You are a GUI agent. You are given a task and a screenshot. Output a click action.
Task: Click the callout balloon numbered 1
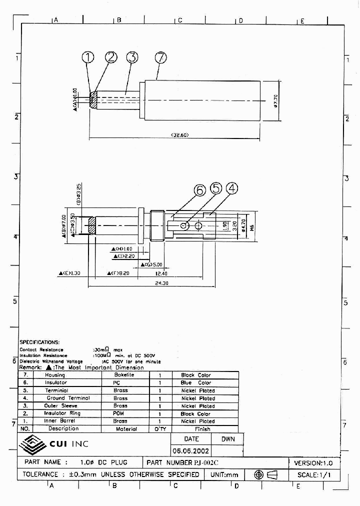(x=88, y=57)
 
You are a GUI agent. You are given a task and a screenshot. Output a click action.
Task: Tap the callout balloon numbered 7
(x=160, y=57)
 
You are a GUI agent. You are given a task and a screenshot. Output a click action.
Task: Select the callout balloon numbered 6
(x=200, y=190)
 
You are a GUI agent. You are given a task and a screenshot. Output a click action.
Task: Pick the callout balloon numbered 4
(x=231, y=188)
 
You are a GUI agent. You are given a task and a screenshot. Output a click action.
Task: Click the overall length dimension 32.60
(x=179, y=135)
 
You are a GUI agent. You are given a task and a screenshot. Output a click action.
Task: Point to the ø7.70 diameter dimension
(x=275, y=101)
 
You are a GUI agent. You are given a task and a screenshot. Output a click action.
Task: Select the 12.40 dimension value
(x=161, y=273)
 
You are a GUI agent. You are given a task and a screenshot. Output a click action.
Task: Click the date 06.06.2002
(x=190, y=451)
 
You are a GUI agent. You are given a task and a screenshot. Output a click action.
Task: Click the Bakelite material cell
(x=124, y=375)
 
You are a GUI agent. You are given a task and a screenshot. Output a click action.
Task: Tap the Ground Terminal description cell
(x=68, y=398)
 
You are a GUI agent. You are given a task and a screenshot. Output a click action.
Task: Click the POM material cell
(x=120, y=413)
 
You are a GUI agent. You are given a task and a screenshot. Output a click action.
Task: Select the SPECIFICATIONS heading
(x=39, y=342)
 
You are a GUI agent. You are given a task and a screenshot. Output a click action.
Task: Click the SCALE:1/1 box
(x=314, y=474)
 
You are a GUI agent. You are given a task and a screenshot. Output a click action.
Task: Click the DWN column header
(x=228, y=439)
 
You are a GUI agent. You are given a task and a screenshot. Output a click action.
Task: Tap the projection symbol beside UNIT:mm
(x=265, y=474)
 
